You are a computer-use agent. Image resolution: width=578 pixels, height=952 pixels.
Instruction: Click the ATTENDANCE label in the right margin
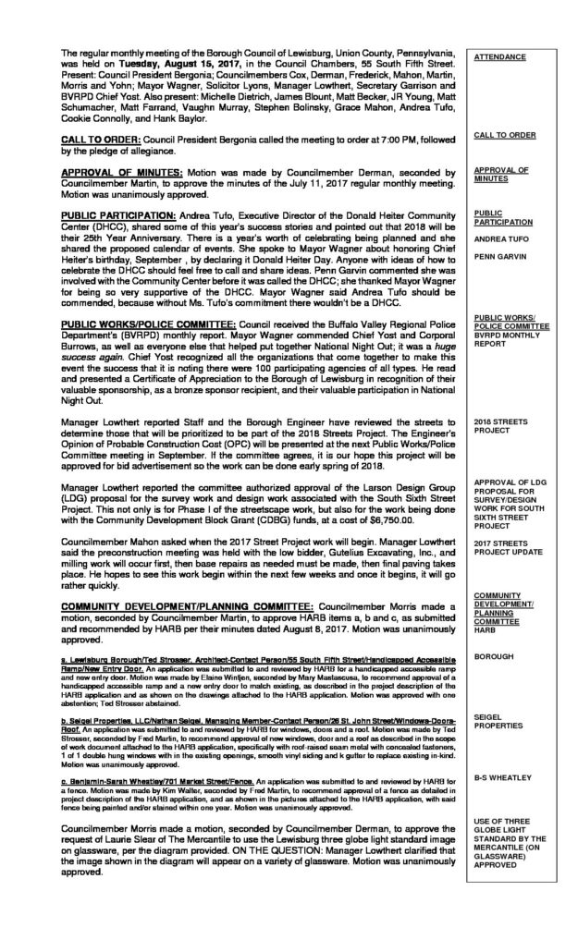(501, 57)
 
